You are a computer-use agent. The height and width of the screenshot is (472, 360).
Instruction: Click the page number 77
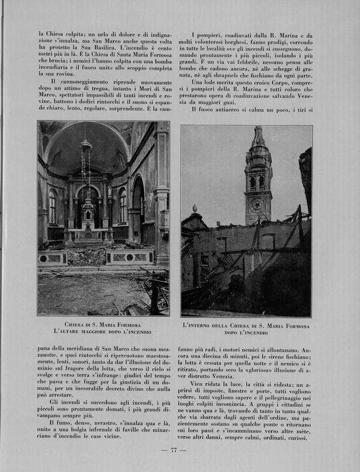[x=174, y=450]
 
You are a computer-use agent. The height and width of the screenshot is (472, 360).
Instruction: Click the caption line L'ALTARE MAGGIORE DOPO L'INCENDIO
[x=103, y=331]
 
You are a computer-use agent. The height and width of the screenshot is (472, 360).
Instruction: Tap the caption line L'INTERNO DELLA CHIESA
[x=246, y=325]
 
